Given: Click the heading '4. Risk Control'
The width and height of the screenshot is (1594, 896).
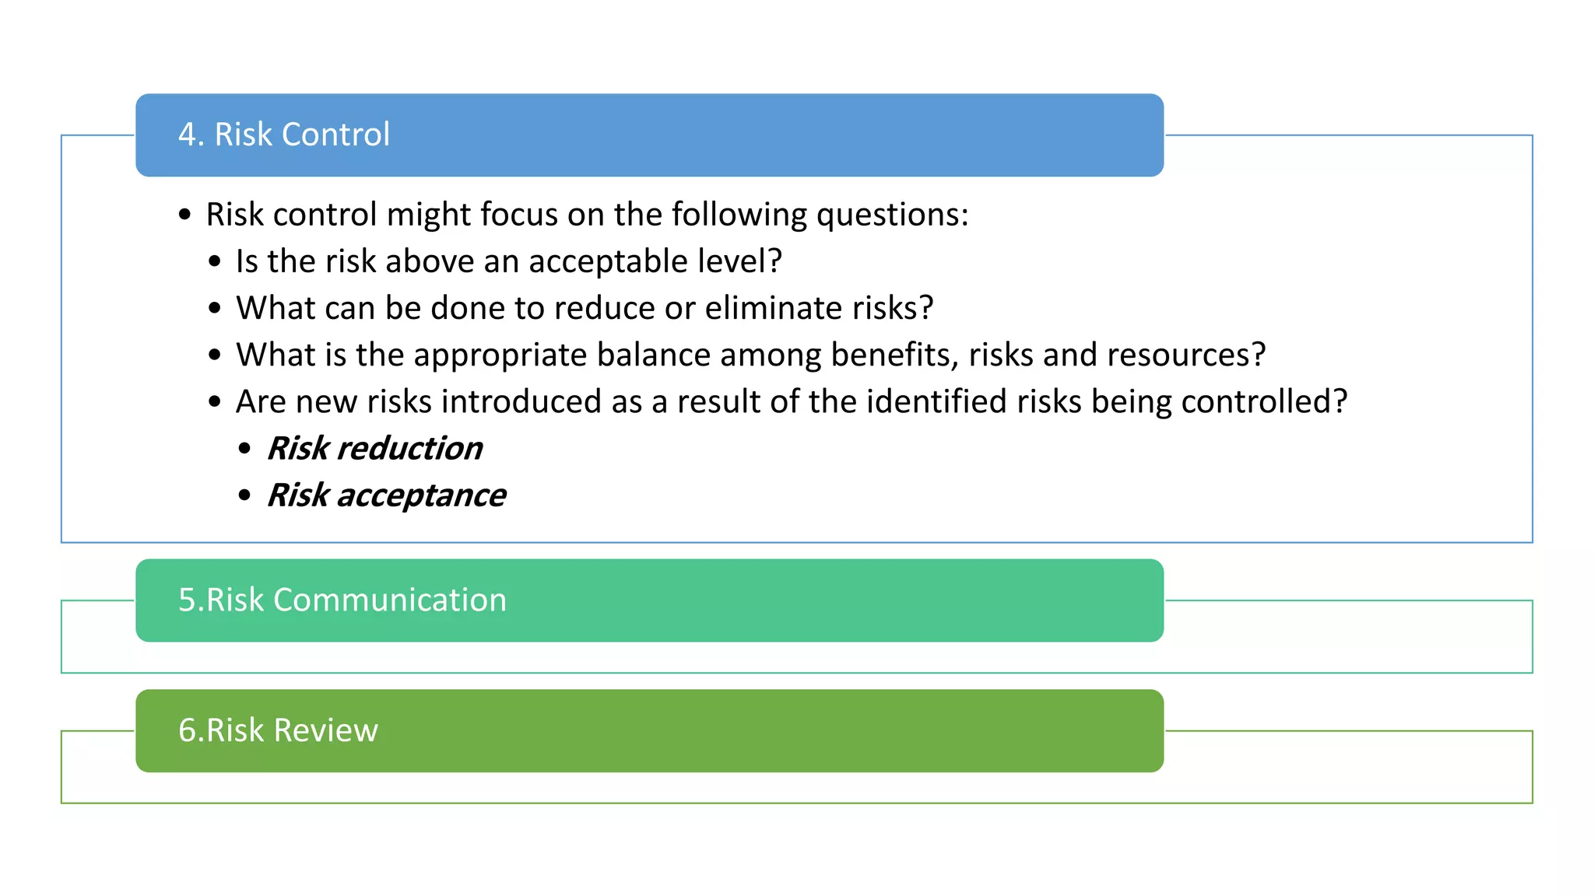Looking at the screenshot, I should point(284,135).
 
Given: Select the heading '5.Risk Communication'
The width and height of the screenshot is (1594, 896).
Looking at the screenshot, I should point(342,600).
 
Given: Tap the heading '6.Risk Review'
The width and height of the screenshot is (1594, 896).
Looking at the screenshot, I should point(278,730).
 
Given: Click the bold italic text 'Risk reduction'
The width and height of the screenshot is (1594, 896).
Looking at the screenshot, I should point(374,449).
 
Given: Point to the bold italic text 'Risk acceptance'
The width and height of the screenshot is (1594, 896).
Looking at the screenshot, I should point(386,495).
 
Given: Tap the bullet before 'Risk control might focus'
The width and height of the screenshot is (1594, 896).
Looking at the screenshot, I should point(184,215).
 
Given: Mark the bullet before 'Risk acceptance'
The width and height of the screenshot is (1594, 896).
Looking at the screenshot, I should point(245,495).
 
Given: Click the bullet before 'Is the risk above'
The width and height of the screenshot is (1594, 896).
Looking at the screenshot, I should point(215,262).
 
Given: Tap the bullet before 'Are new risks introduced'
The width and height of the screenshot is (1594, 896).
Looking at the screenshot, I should point(215,402).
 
